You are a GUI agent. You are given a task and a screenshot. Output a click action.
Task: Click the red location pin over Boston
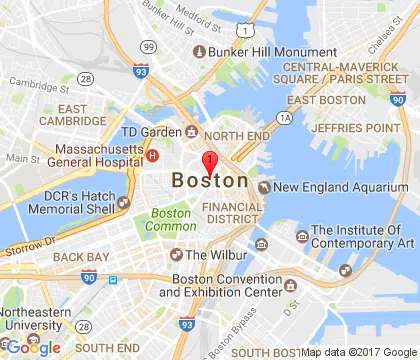(x=209, y=164)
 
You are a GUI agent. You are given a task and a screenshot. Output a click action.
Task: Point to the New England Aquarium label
(x=324, y=186)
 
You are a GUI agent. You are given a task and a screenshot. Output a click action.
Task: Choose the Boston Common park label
(x=171, y=219)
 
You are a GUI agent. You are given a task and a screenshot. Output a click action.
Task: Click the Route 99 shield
(x=148, y=46)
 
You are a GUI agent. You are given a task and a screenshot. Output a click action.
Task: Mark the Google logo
(x=34, y=347)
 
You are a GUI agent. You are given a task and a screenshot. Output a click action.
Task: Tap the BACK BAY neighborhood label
(x=80, y=257)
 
